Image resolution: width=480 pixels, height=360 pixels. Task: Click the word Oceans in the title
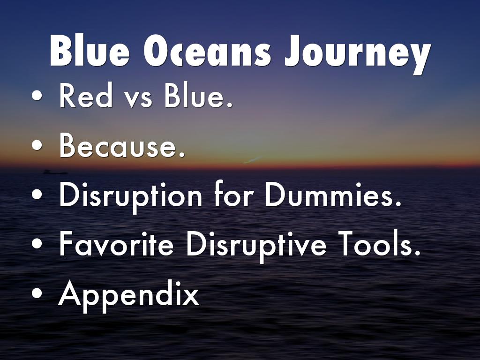(x=207, y=51)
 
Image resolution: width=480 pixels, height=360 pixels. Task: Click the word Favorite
(x=116, y=243)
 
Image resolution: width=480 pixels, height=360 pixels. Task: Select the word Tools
(x=381, y=243)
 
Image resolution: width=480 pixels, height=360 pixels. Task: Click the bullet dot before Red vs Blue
(x=37, y=96)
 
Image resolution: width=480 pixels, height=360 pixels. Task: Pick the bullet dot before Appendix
(x=37, y=293)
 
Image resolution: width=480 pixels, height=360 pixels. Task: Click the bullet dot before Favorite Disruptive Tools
(x=37, y=243)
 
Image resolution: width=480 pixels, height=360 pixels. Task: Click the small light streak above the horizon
(x=252, y=160)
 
